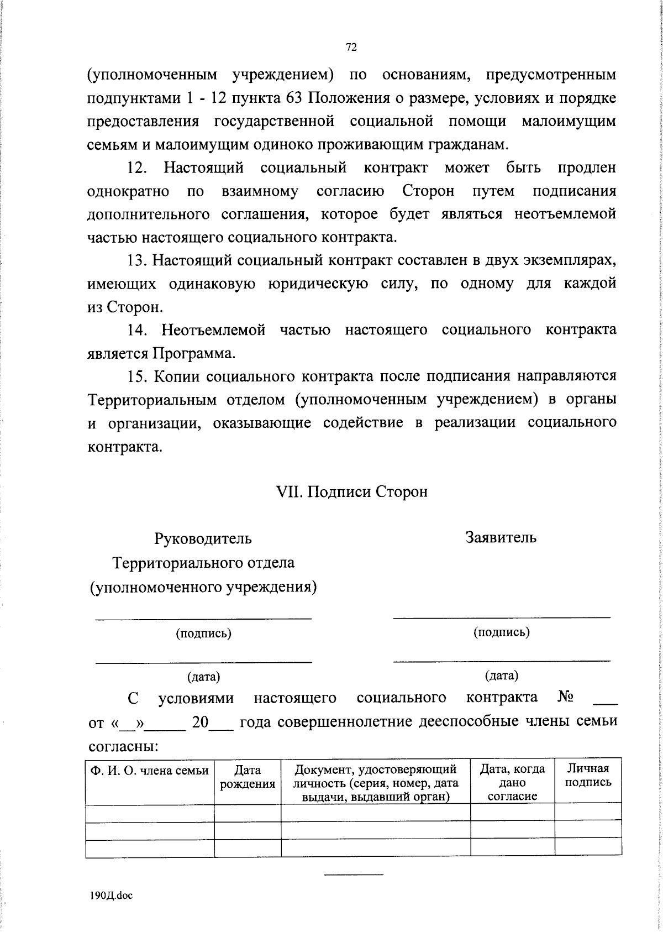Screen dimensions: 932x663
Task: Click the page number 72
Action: tap(351, 48)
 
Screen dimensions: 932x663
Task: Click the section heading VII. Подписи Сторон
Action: tap(351, 491)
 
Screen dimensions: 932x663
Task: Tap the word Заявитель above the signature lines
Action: tap(501, 537)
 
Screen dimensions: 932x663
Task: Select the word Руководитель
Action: tap(203, 538)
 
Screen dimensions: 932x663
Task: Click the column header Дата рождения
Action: tap(248, 777)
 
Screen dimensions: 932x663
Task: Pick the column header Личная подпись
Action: tap(588, 775)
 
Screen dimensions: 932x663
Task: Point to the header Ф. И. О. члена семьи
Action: tap(150, 771)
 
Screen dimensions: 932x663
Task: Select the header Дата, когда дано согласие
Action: tap(512, 782)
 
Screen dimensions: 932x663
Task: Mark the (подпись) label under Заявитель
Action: tap(501, 632)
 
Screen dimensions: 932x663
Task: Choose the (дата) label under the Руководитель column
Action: tap(203, 677)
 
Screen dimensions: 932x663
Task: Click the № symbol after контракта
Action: tap(565, 698)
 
